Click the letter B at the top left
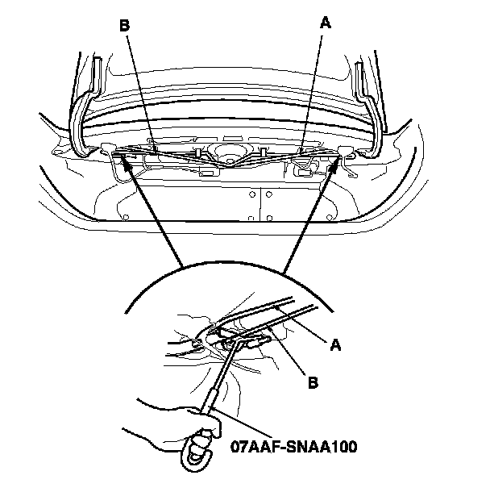point(124,25)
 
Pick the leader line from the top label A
point(314,89)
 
